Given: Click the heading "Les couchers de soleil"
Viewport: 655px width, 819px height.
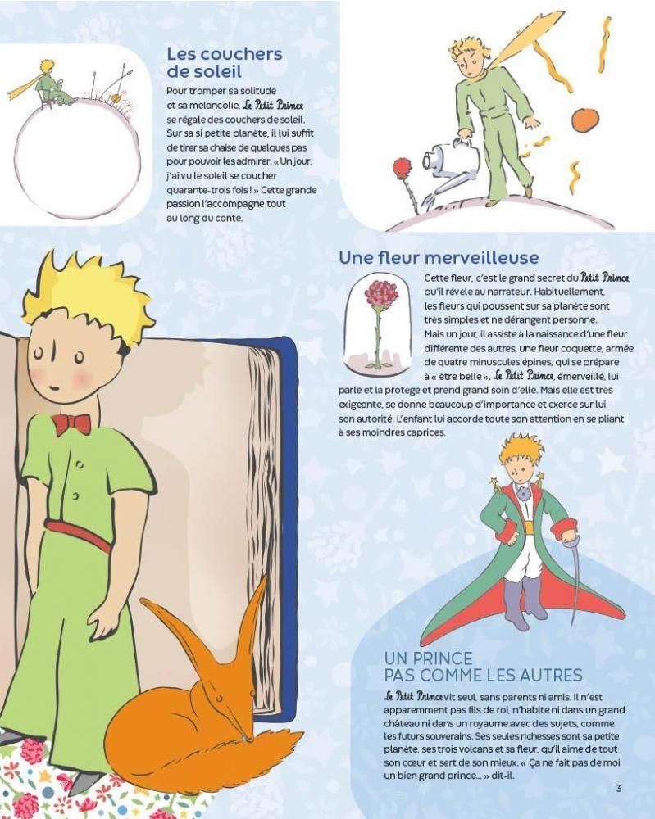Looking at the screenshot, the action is coord(225,61).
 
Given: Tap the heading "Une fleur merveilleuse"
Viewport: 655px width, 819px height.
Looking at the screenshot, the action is coord(439,257).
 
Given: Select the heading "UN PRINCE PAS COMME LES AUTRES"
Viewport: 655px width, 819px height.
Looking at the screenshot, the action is coord(483,666).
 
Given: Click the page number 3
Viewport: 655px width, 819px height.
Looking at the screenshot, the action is coord(619,788).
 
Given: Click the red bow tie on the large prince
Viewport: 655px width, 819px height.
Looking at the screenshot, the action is coord(71,424).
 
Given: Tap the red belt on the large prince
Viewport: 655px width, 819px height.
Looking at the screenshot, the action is coord(79,534).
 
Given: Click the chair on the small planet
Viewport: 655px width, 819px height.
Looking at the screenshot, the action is coord(44,99).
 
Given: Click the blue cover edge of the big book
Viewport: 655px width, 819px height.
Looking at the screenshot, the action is coord(289,470).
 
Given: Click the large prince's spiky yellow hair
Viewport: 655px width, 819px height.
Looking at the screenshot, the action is coord(89,295).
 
